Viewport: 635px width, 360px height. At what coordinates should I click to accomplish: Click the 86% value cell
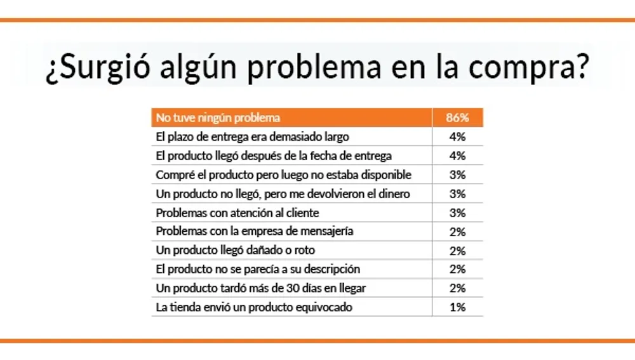pos(457,118)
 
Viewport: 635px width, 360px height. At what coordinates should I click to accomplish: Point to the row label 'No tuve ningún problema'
pos(218,118)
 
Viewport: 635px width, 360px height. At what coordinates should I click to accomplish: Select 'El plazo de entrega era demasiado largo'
pos(252,137)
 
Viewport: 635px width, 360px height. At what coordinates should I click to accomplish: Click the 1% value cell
pos(457,307)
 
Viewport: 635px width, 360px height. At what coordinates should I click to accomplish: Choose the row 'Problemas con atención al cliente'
pos(237,213)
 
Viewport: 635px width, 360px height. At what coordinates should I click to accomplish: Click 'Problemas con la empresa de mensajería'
pos(254,231)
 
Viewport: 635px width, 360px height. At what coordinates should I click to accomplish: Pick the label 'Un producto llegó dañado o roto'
pos(235,250)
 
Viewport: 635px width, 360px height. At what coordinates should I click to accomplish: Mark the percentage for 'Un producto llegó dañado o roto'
pos(457,250)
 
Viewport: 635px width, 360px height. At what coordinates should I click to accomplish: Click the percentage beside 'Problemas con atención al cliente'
pos(457,213)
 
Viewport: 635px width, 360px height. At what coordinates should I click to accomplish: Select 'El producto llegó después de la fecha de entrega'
pos(273,156)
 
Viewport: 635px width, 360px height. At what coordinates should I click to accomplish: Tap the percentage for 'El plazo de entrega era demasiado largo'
pos(457,137)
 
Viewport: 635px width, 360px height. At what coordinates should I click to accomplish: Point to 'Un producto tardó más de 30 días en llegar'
pos(260,288)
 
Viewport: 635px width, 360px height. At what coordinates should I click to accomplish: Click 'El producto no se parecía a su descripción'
pos(258,269)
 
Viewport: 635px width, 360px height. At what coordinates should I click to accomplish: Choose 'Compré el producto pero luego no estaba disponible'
pos(283,175)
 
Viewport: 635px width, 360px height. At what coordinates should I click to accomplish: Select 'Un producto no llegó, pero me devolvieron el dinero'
pos(283,194)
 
